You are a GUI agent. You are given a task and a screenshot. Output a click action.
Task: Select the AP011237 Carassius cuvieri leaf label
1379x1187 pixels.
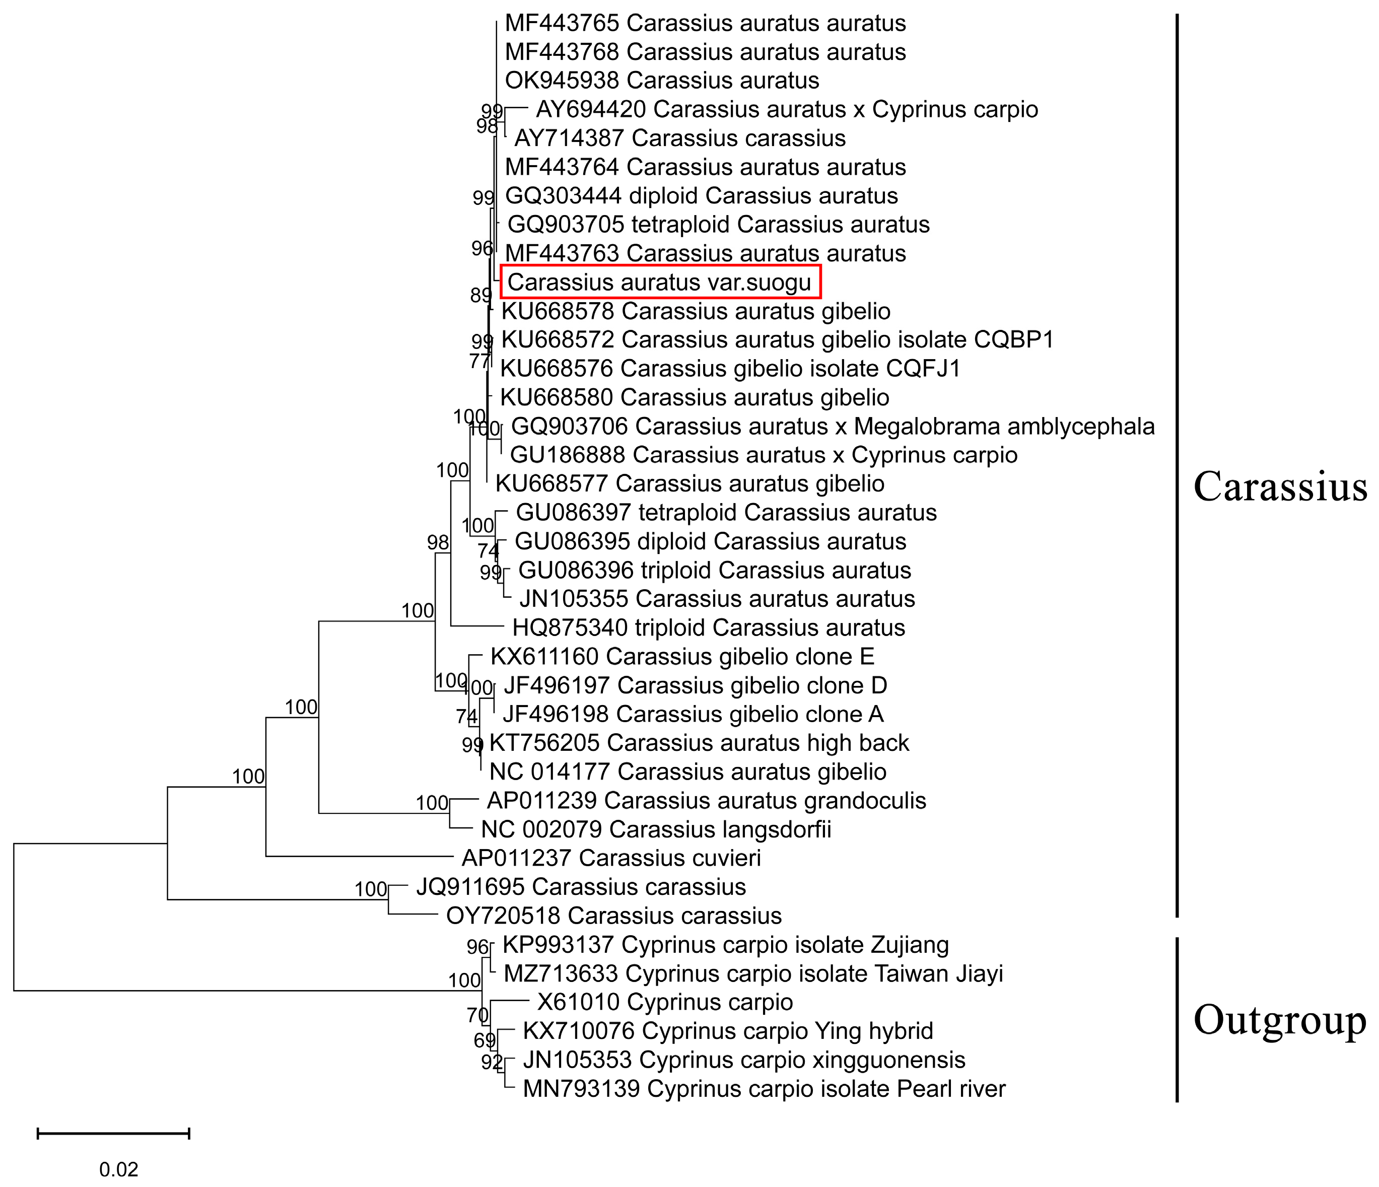click(x=611, y=858)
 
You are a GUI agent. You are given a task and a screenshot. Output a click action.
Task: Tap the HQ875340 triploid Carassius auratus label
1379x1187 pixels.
click(x=708, y=627)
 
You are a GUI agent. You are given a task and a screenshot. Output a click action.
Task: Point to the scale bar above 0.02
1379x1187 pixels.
click(x=113, y=1133)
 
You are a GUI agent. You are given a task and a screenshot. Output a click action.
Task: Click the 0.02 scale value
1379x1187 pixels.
click(x=118, y=1169)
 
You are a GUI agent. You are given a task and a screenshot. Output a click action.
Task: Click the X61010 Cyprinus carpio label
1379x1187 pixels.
click(x=665, y=1002)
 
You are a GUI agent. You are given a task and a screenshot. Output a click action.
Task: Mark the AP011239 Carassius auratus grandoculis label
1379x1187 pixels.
click(x=706, y=800)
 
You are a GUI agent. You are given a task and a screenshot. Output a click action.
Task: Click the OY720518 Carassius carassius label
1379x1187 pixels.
click(x=613, y=916)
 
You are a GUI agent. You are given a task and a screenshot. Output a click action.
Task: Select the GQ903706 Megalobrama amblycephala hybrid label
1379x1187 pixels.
click(x=832, y=426)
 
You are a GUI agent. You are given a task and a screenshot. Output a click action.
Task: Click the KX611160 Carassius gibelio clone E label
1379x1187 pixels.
click(x=682, y=657)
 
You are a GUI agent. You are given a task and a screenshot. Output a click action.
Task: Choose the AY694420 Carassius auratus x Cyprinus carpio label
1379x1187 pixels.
click(x=787, y=109)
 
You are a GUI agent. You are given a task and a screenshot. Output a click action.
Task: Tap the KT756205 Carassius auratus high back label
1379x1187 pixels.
click(x=699, y=742)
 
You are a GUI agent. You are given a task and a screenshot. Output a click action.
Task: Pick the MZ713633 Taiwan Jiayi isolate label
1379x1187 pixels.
click(x=753, y=973)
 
